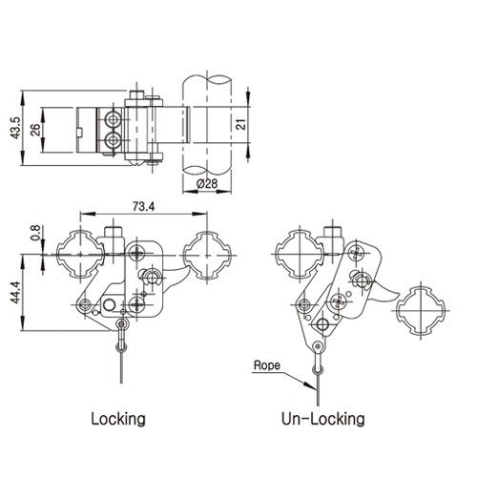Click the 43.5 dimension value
click(15, 128)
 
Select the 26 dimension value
click(35, 130)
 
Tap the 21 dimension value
click(242, 124)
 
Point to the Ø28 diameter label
click(207, 183)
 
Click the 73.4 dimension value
click(143, 207)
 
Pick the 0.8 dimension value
click(35, 233)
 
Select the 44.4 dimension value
click(15, 292)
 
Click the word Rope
click(267, 365)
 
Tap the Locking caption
click(118, 419)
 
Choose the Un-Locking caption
click(322, 419)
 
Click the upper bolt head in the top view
click(112, 119)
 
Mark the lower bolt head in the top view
click(112, 139)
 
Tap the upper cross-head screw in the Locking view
click(137, 254)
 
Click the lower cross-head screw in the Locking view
click(137, 304)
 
